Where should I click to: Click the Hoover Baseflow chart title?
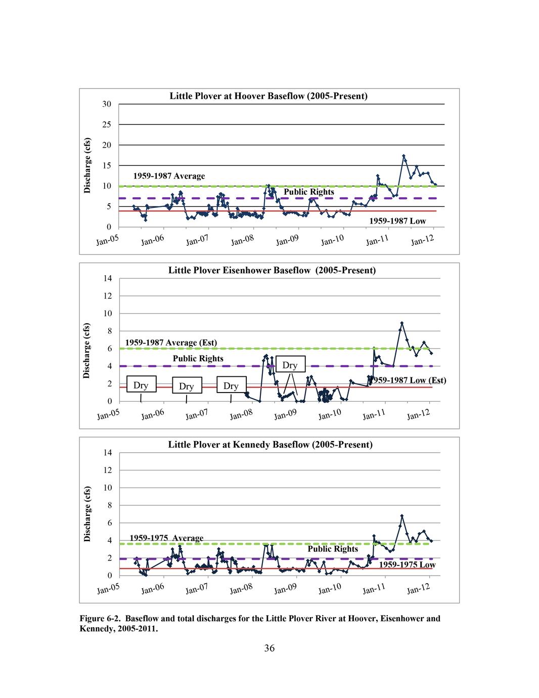(x=268, y=96)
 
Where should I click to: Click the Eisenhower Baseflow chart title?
(x=272, y=270)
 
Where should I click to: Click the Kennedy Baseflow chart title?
(x=270, y=445)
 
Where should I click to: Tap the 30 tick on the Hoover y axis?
(x=106, y=104)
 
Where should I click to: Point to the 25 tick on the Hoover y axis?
(x=106, y=124)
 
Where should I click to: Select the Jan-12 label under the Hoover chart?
(x=422, y=240)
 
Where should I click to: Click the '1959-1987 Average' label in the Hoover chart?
(x=169, y=176)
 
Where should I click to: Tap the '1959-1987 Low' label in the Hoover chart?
(x=397, y=221)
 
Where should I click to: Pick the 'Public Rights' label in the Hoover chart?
(x=308, y=192)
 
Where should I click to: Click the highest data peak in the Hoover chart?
(x=403, y=156)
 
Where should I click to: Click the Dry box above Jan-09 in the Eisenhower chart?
(x=290, y=365)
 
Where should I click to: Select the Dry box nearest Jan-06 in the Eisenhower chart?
(x=141, y=385)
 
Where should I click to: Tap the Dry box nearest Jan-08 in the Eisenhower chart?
(x=231, y=386)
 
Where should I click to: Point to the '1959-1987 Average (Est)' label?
(x=171, y=342)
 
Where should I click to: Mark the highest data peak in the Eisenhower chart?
(x=401, y=323)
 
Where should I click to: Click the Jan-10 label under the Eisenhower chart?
(x=330, y=414)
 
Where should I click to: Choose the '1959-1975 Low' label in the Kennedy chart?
(x=407, y=564)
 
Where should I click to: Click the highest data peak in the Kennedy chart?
(x=401, y=516)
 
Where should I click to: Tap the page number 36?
(x=269, y=648)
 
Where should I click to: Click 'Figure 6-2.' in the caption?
(x=100, y=618)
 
